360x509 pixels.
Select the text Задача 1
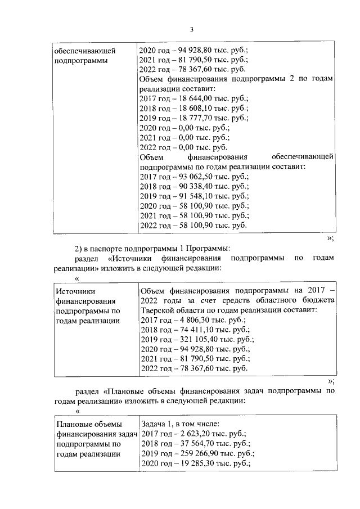click(157, 424)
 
